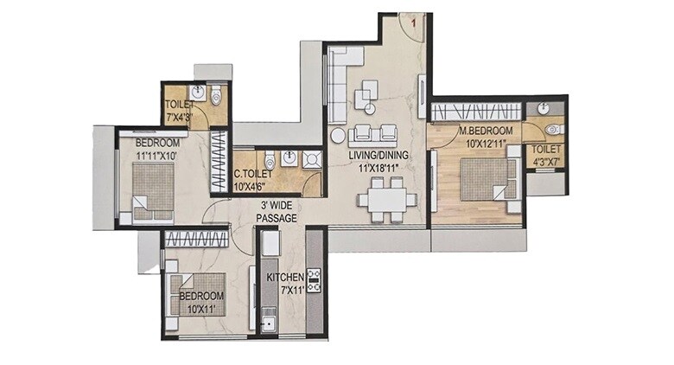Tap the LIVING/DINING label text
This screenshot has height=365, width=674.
coord(378,156)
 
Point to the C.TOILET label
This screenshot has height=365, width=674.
coord(253,173)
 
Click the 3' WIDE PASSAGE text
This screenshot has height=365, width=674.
coord(276,213)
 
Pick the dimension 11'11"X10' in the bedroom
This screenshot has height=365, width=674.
coord(156,155)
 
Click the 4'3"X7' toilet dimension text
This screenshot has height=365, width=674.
coord(546,161)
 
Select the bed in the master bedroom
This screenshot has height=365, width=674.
coord(485,181)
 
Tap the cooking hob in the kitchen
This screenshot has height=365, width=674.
coord(314,279)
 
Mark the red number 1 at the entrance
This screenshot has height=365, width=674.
coord(415,25)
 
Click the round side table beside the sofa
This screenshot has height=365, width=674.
coord(339,135)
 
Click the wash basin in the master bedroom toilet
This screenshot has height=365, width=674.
coord(542,108)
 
